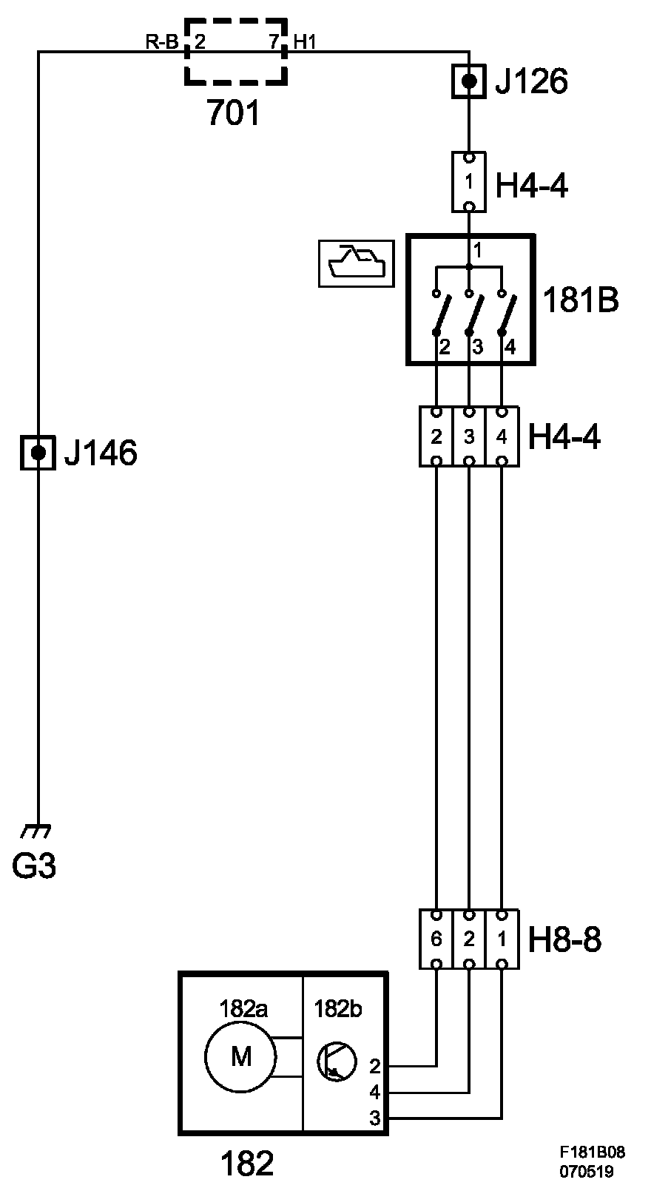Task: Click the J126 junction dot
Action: (x=469, y=81)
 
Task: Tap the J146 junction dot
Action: (x=38, y=452)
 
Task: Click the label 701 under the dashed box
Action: (x=234, y=113)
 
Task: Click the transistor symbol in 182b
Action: (x=335, y=1061)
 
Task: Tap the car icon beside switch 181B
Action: (x=354, y=263)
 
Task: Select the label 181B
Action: (x=581, y=300)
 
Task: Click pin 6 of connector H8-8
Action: (x=436, y=939)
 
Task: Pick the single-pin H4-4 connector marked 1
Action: (x=468, y=181)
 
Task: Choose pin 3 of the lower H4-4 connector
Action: (x=469, y=436)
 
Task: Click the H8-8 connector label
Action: (x=564, y=939)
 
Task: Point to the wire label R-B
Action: (x=161, y=42)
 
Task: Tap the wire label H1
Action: (x=305, y=42)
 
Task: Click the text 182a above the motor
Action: (x=243, y=1008)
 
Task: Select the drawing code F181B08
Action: (x=592, y=1152)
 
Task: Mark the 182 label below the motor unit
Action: (x=247, y=1163)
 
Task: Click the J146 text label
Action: (x=101, y=453)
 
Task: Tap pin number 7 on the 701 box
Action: (x=274, y=42)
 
